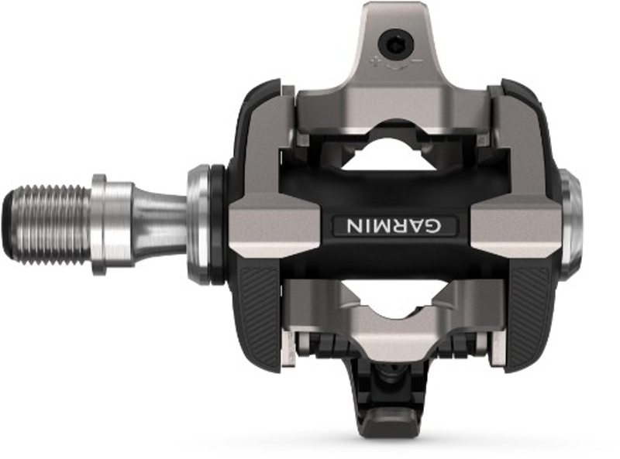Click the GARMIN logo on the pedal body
pos(394,225)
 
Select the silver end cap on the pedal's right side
pos(571,224)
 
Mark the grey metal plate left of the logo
pos(275,224)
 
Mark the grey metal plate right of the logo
pos(515,224)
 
